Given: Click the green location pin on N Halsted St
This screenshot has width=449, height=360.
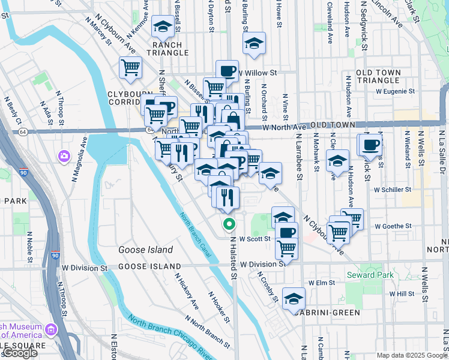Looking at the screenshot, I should click(x=229, y=224).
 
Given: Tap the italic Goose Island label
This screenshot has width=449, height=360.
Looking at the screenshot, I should click(x=145, y=250).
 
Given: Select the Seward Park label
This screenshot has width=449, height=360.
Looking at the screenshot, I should click(x=368, y=275).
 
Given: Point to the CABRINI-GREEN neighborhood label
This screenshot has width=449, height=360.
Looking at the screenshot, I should click(x=328, y=313).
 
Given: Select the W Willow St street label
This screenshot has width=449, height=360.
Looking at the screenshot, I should click(x=256, y=73).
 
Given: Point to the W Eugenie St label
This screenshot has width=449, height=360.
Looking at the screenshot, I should click(x=395, y=92).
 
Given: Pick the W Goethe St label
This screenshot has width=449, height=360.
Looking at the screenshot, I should click(x=393, y=226).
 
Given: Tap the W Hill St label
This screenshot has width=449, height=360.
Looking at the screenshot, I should click(x=402, y=294).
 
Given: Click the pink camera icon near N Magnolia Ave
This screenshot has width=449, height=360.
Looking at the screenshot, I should click(x=64, y=156).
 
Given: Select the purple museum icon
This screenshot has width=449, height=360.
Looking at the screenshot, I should click(x=50, y=329).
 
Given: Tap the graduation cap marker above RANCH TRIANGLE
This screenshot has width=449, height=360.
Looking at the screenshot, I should click(x=163, y=26).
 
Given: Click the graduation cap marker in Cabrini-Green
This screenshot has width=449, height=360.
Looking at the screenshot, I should click(x=294, y=298).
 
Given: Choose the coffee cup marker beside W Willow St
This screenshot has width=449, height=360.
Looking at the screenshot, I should click(x=227, y=70).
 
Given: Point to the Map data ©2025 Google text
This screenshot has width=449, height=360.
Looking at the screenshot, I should click(x=412, y=355).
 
